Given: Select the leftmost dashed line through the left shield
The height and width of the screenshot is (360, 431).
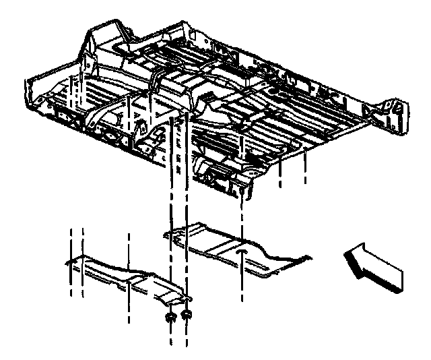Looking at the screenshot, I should click(x=71, y=263).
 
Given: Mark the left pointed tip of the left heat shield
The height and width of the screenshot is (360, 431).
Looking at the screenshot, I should click(x=66, y=260).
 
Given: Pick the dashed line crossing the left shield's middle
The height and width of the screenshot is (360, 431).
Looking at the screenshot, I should click(x=128, y=270).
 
